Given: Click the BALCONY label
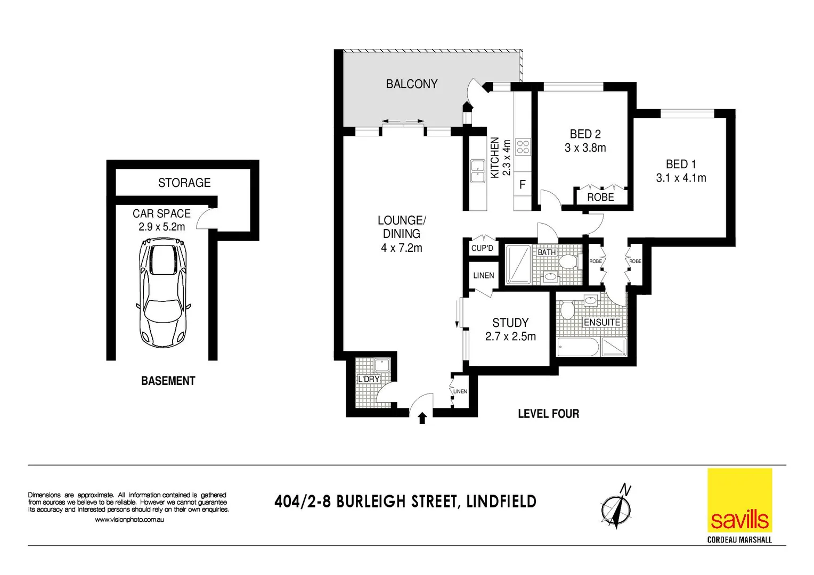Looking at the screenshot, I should (411, 84).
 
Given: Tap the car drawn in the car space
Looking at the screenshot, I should (162, 293).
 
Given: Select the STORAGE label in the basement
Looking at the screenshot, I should (184, 183).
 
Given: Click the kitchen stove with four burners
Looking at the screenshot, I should (523, 146).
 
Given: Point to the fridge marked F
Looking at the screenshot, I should (523, 184).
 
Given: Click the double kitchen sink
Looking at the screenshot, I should (477, 171).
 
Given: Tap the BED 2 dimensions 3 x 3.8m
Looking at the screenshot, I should (585, 148).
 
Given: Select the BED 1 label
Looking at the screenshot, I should (680, 164).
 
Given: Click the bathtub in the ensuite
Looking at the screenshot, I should (578, 348).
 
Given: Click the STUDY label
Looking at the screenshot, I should (510, 323).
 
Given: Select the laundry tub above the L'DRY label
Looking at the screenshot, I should (381, 365).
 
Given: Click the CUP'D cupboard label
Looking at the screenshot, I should (482, 248).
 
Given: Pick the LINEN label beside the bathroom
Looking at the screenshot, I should (483, 275).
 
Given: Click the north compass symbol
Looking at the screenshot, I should (616, 507).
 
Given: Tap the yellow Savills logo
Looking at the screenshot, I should (739, 500).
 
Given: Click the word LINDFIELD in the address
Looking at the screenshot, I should (501, 502).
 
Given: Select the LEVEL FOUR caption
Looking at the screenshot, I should (548, 414).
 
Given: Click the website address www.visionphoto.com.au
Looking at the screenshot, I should (129, 520).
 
